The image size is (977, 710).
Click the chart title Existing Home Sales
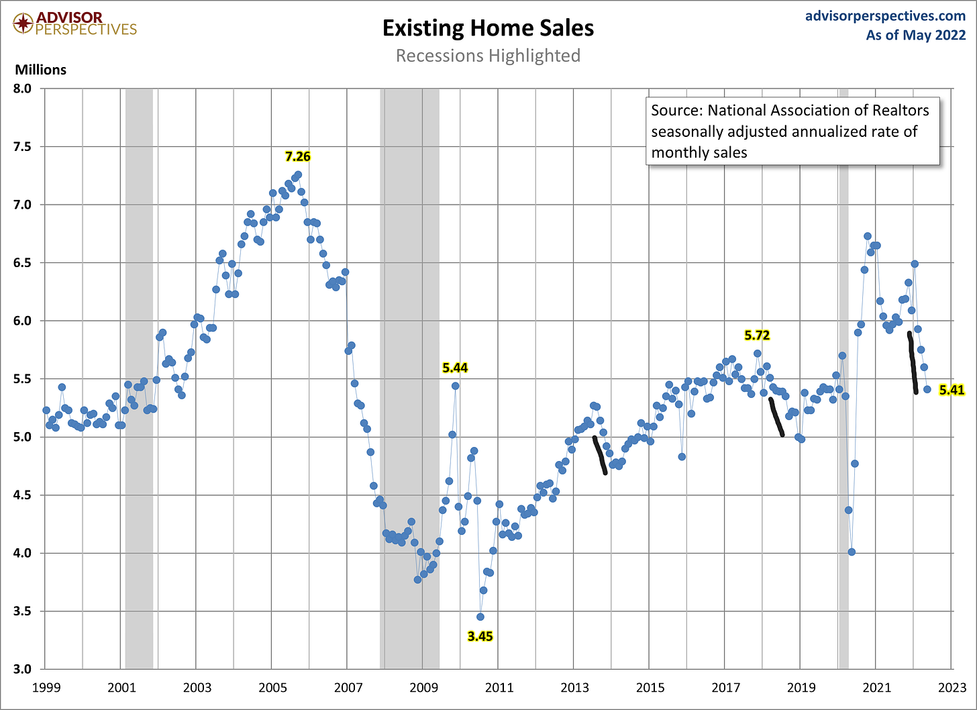tap(488, 28)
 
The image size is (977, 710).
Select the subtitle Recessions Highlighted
tap(488, 55)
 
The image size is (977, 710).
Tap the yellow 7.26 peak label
tap(298, 156)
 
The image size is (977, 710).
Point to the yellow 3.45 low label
tap(480, 636)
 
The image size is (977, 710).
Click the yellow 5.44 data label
tap(455, 368)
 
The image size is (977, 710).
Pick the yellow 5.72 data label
tap(757, 335)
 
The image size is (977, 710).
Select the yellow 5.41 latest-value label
tap(952, 390)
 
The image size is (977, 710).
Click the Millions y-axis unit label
tap(41, 70)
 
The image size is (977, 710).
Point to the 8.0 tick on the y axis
tap(23, 89)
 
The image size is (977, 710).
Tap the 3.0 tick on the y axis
tap(23, 669)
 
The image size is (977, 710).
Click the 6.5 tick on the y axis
tap(23, 262)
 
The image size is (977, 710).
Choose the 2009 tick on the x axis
tap(423, 688)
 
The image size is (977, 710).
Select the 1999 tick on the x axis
tap(46, 688)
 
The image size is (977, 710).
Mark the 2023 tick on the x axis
tap(953, 688)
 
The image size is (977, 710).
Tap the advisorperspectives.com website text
tap(885, 16)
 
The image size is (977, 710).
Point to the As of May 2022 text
tap(915, 35)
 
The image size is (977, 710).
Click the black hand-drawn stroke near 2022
tap(913, 362)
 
